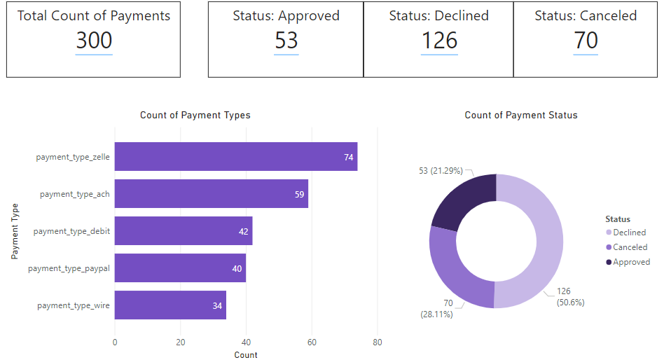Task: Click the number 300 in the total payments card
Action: point(94,41)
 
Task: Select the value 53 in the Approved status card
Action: point(286,41)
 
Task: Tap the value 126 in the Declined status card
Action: point(439,41)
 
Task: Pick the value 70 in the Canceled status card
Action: point(586,41)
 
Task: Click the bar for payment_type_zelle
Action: point(235,157)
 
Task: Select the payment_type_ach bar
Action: point(211,194)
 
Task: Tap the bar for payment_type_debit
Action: point(183,231)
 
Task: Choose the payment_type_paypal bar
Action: point(180,268)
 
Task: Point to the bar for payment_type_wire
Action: point(170,305)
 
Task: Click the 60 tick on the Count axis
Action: point(312,342)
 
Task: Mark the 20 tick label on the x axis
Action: point(181,342)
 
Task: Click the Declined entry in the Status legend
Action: point(629,233)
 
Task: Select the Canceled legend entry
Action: point(630,247)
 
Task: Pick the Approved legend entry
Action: point(631,262)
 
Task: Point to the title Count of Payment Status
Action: point(521,116)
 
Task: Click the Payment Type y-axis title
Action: point(15,231)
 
